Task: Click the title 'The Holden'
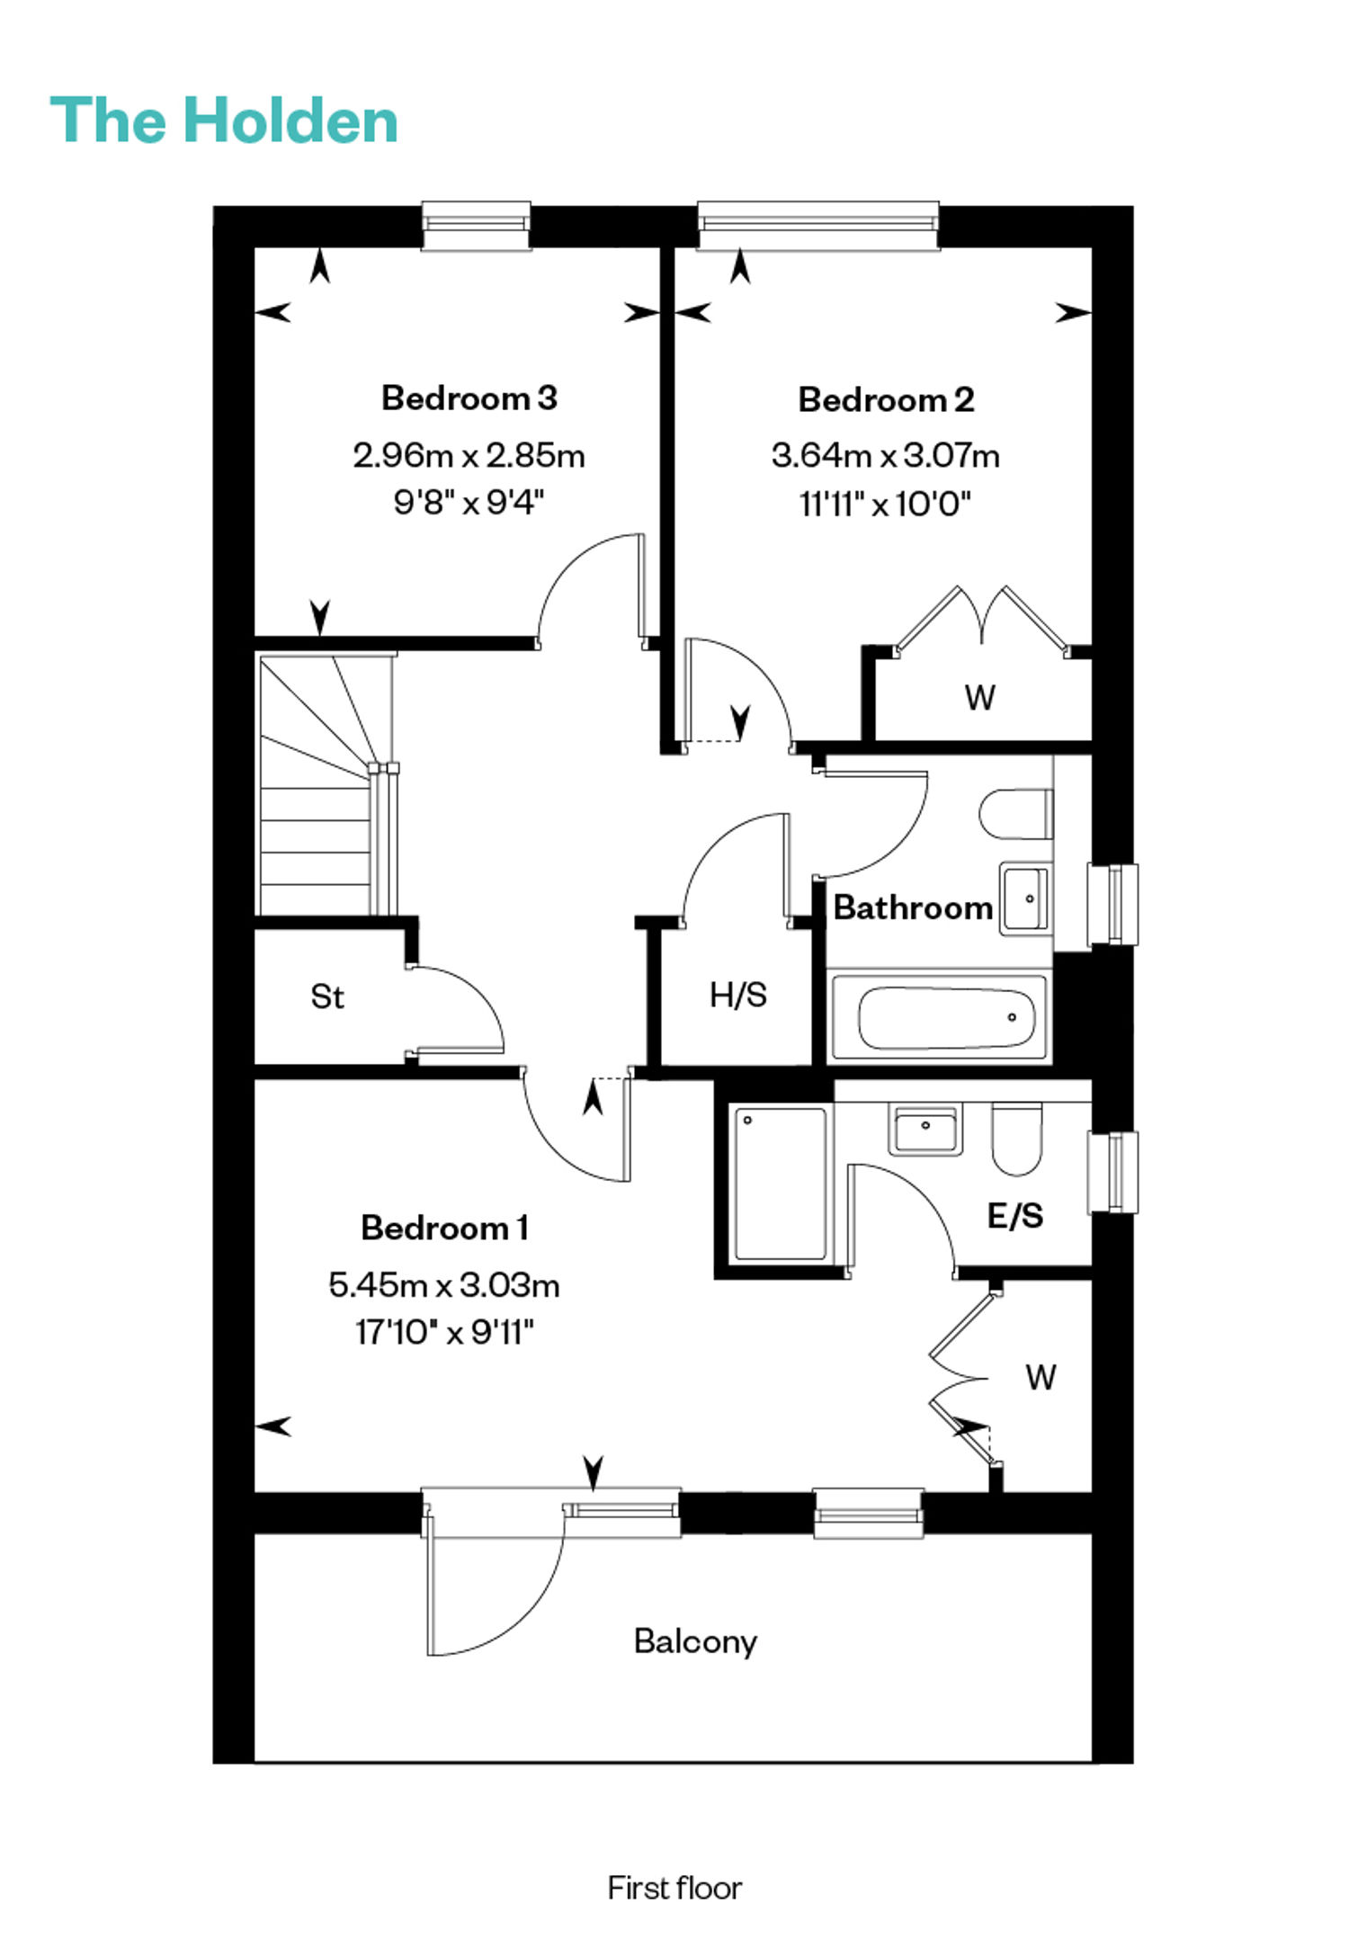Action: point(224,121)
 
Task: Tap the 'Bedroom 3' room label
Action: point(469,398)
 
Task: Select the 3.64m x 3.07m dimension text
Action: point(886,455)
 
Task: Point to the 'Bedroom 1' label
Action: point(444,1228)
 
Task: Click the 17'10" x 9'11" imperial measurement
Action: point(444,1331)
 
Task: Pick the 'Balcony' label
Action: point(695,1641)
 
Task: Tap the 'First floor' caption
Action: point(674,1887)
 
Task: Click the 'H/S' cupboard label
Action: point(738,995)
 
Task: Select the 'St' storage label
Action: point(327,996)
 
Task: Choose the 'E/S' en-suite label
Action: point(1015,1215)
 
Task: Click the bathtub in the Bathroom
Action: point(940,1016)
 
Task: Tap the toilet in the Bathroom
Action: point(1016,814)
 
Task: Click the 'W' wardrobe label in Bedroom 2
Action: point(980,697)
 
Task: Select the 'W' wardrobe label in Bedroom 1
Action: point(1041,1377)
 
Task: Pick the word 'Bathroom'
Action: point(913,907)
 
